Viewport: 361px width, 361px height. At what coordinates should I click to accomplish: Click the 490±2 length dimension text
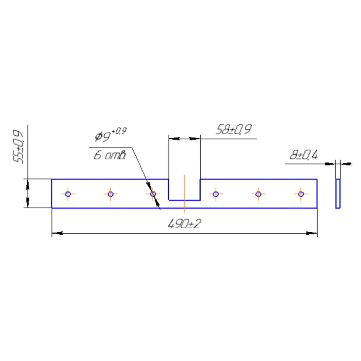click(x=185, y=224)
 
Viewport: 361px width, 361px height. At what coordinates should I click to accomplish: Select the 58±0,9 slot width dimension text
click(x=234, y=129)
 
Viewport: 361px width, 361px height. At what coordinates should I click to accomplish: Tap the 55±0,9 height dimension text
click(x=18, y=147)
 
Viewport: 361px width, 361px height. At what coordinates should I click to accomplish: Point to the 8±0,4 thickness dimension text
click(x=304, y=155)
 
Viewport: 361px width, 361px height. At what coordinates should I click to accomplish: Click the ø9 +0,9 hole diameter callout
click(x=111, y=135)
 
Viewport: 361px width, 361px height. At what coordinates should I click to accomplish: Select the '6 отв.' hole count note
click(x=110, y=155)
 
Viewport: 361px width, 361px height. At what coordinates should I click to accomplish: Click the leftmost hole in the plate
click(x=68, y=194)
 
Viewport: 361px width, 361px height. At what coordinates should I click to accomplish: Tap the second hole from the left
click(x=111, y=194)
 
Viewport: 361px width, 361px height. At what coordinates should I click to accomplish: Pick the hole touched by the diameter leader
click(x=153, y=194)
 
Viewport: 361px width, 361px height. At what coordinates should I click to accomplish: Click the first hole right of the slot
click(x=216, y=194)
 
